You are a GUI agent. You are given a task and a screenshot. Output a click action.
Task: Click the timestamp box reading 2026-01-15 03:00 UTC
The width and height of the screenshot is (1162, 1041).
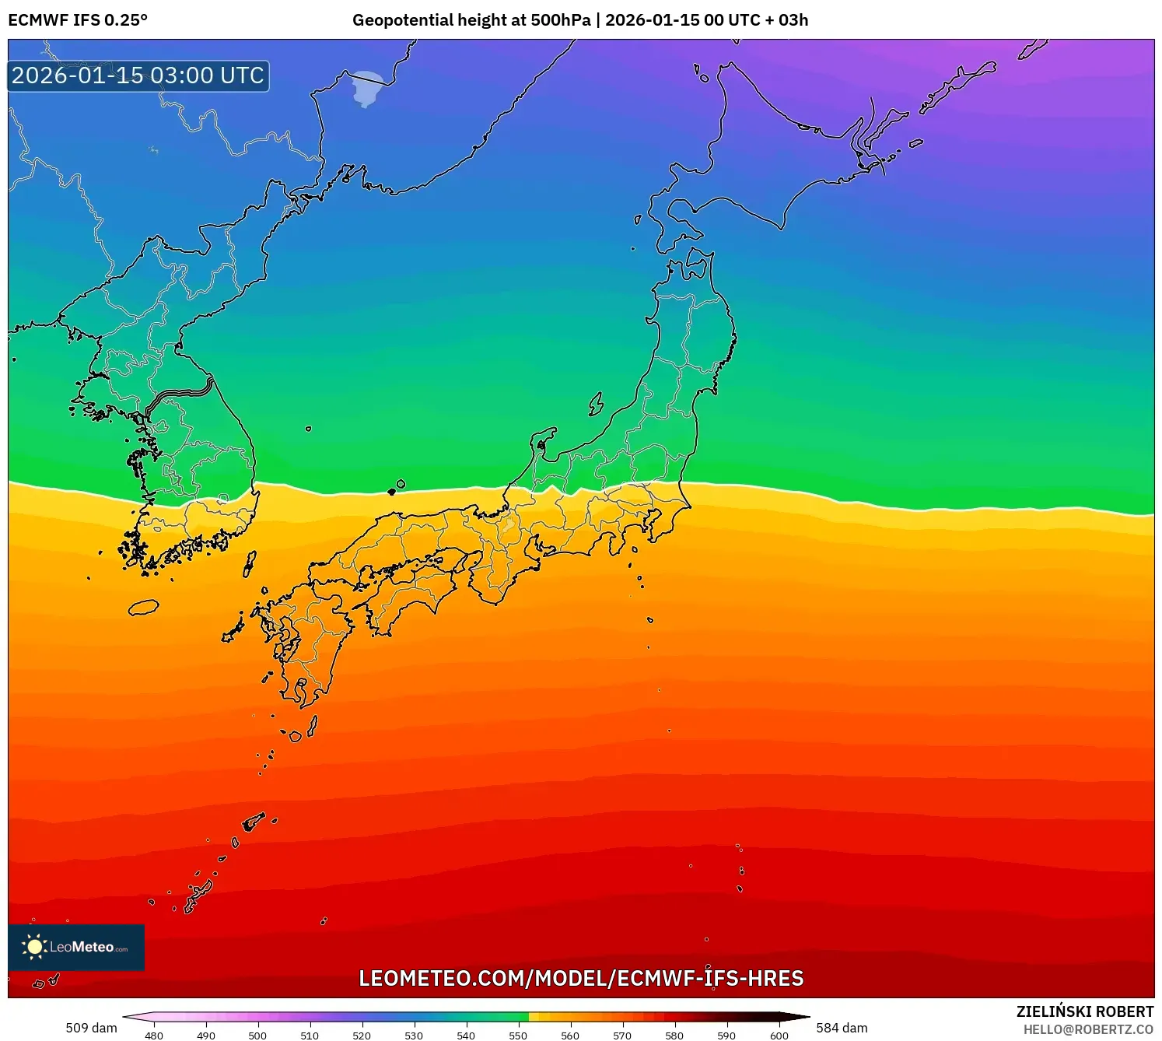(138, 76)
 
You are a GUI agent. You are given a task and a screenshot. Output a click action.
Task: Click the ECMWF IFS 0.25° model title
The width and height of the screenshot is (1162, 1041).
(78, 20)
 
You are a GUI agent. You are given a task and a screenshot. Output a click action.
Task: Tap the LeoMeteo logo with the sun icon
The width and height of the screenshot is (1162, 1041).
(76, 947)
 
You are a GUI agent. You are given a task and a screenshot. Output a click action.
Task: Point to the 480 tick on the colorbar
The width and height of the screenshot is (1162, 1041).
(154, 1035)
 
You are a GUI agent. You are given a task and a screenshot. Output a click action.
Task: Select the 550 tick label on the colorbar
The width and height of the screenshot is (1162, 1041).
(518, 1035)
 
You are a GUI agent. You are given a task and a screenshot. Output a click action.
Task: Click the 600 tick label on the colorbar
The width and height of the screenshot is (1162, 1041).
(779, 1035)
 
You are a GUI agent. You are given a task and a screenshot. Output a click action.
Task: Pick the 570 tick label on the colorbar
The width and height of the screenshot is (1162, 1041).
(622, 1035)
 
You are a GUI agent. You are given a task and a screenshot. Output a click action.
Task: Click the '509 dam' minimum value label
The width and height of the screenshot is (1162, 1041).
(91, 1028)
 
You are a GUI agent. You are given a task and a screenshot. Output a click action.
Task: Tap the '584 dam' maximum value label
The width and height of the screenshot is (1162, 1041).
(842, 1028)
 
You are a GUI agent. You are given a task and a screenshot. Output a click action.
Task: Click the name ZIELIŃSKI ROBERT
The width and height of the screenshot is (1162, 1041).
(1085, 1011)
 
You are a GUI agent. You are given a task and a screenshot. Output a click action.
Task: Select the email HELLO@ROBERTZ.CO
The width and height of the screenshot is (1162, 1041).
(1088, 1029)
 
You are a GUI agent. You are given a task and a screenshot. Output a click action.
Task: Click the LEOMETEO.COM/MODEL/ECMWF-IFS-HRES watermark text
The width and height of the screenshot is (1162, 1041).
(581, 978)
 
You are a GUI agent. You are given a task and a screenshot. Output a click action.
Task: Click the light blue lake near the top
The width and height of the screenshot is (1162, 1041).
(366, 89)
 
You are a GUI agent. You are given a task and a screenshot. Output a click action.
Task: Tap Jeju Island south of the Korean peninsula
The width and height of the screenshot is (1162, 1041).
(143, 607)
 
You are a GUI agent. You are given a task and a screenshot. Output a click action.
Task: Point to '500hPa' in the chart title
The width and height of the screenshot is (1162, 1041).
(560, 20)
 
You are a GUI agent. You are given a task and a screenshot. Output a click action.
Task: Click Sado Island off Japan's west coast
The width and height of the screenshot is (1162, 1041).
(596, 404)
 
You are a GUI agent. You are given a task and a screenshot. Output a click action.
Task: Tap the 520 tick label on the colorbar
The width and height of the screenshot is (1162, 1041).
(362, 1035)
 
